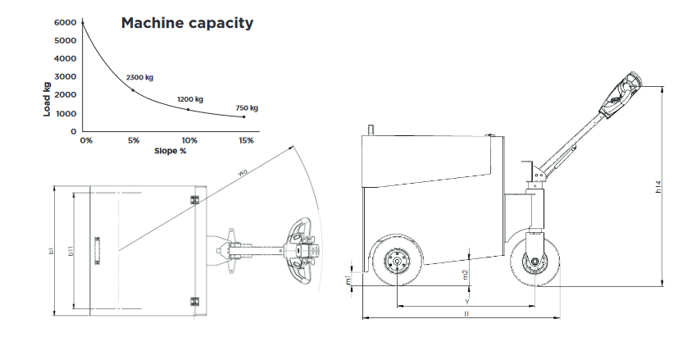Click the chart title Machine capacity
(187, 23)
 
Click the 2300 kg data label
(139, 77)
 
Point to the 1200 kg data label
(190, 100)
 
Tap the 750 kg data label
(247, 107)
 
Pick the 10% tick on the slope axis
(189, 141)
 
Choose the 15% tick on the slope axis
(246, 141)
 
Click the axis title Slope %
(171, 151)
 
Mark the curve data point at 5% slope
(133, 90)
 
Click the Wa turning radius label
(243, 173)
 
